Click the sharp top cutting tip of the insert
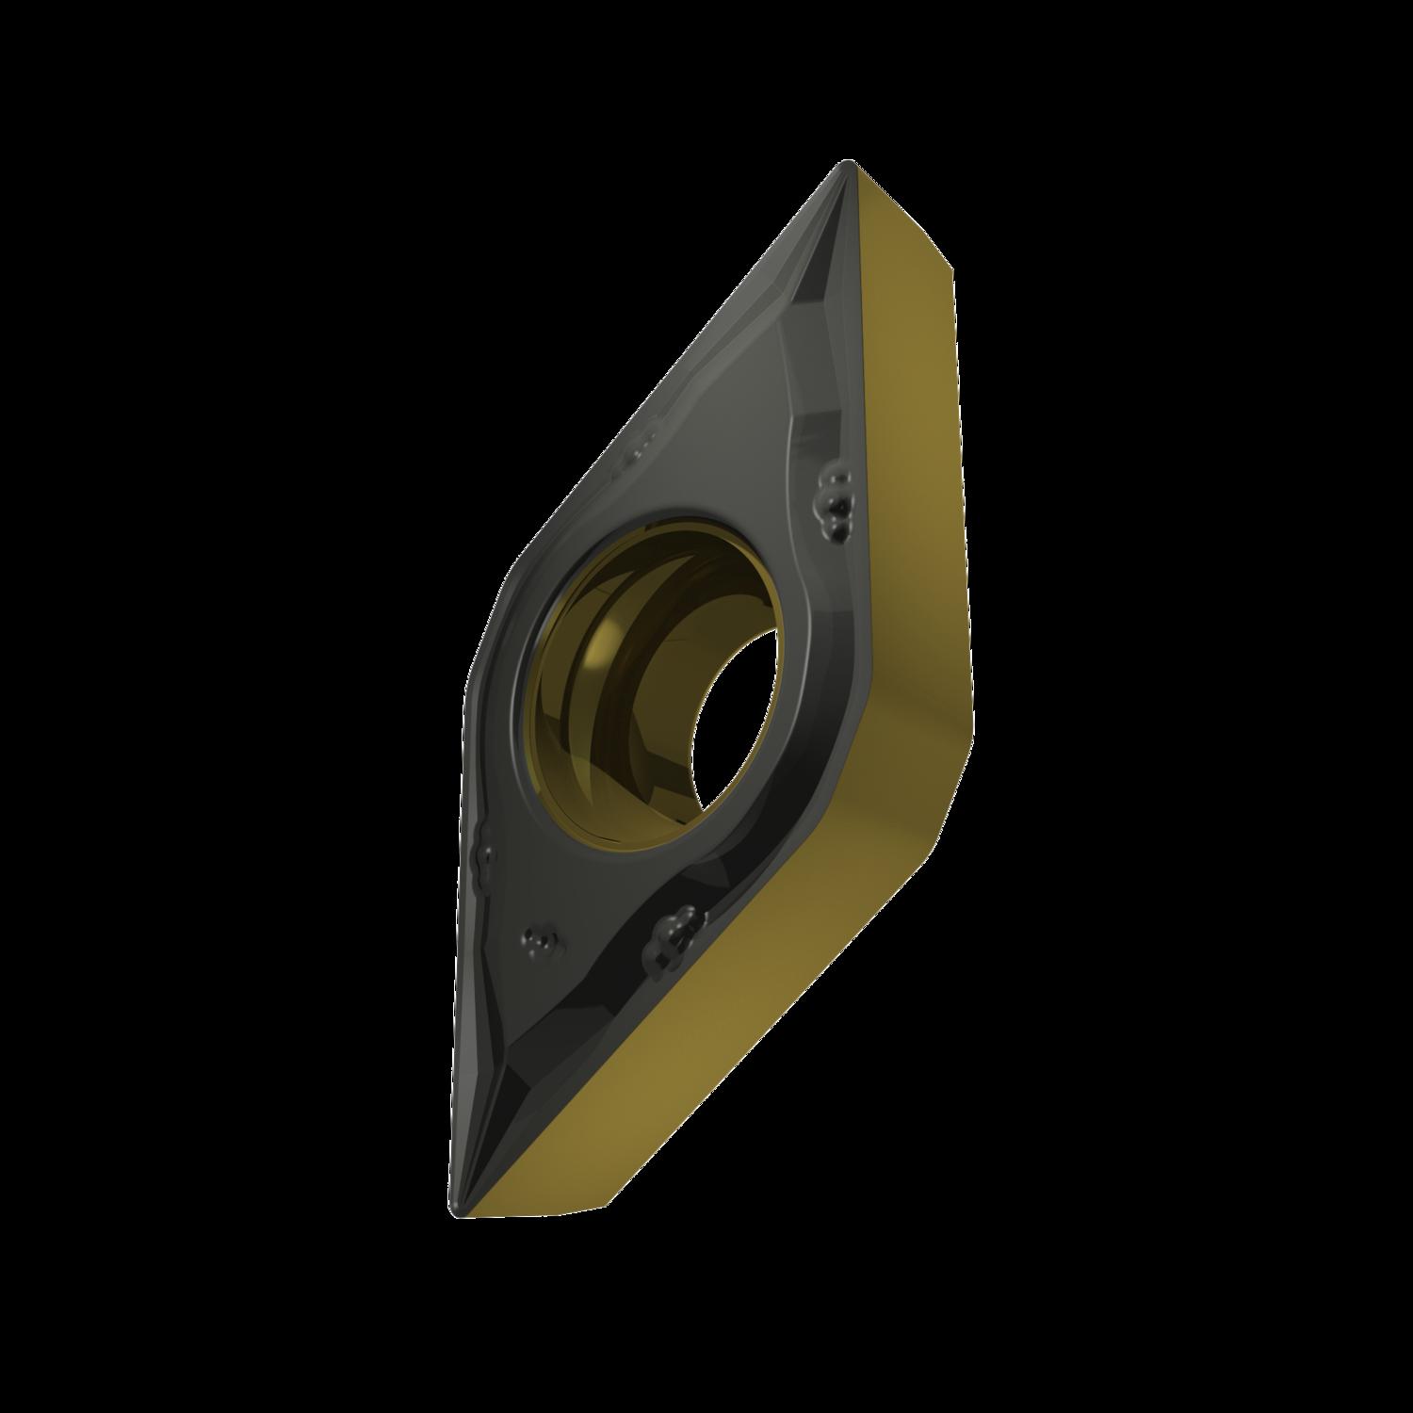click(x=848, y=168)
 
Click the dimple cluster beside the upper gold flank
click(x=833, y=495)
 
